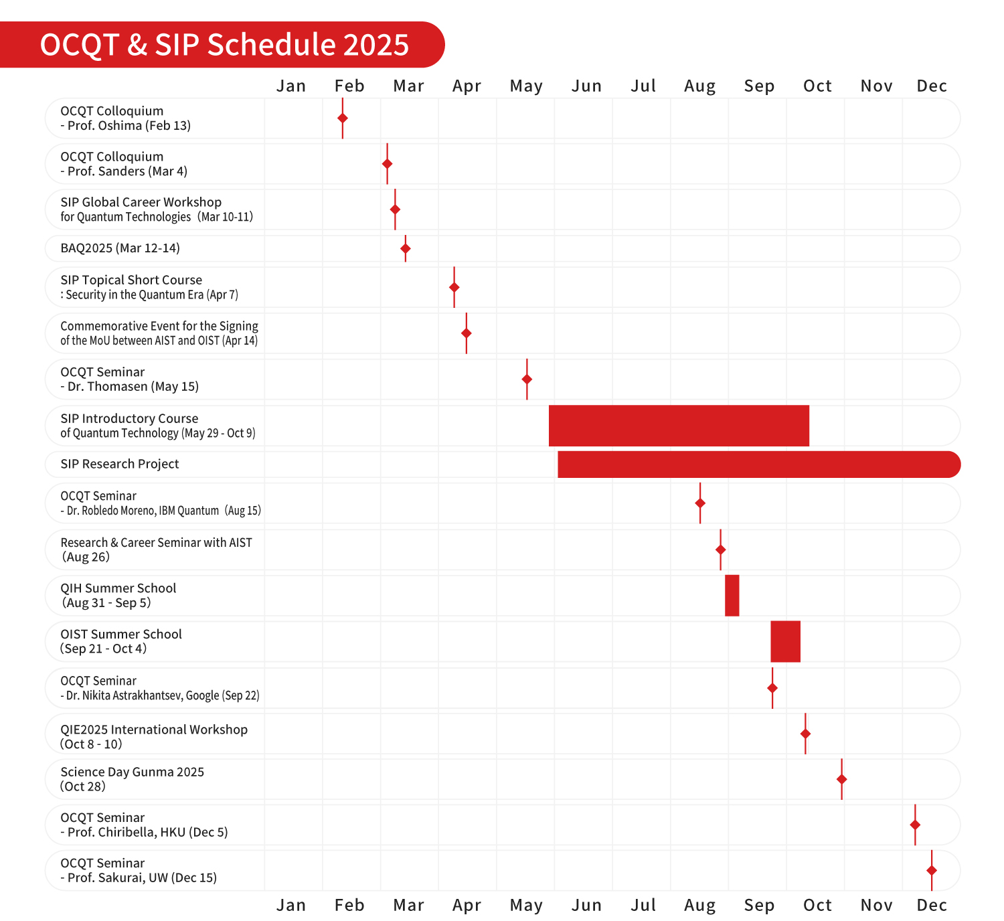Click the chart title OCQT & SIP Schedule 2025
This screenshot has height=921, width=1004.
click(x=224, y=45)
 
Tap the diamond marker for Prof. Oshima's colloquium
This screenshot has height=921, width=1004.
click(x=343, y=118)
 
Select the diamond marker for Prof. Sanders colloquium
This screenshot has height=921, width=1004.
click(x=387, y=164)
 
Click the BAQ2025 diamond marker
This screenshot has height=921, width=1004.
click(x=406, y=248)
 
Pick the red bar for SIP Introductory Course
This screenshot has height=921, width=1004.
click(x=679, y=426)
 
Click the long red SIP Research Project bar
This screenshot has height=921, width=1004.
click(x=758, y=465)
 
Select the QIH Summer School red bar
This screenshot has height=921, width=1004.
click(x=732, y=596)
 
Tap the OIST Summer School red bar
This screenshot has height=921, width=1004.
click(x=785, y=641)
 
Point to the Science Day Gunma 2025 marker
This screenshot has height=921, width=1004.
click(x=842, y=779)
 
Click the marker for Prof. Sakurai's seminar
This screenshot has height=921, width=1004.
click(x=932, y=870)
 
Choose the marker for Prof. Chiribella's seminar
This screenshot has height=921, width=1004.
click(x=915, y=825)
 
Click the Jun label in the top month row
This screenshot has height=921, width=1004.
click(x=586, y=86)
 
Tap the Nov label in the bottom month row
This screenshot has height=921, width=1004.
click(x=876, y=906)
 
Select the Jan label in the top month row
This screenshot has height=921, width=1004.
click(x=291, y=86)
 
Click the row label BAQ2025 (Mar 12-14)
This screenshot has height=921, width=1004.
click(x=120, y=248)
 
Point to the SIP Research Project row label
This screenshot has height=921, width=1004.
click(x=120, y=465)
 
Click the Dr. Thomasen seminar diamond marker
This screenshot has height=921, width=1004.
click(x=527, y=380)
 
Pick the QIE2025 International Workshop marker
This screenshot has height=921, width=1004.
click(x=805, y=734)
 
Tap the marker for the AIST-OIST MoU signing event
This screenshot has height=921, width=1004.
click(x=467, y=333)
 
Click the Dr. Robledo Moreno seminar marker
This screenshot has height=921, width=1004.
click(x=700, y=503)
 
